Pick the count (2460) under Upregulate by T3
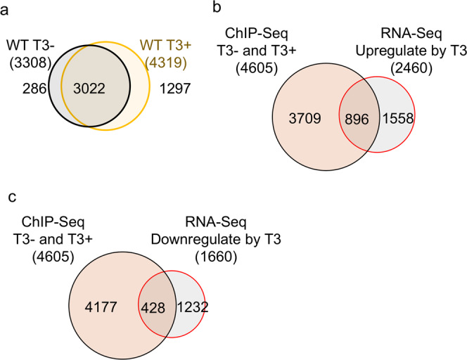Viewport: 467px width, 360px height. click(402, 65)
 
